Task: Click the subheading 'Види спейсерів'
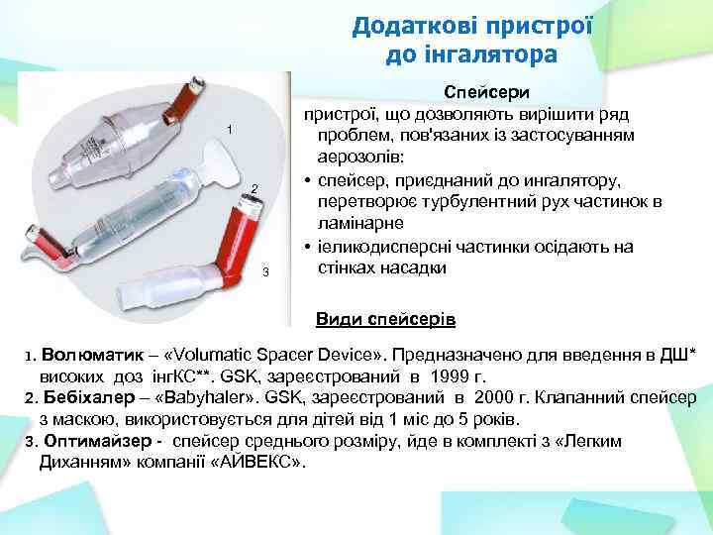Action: click(x=385, y=319)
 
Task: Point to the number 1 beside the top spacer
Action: click(x=229, y=131)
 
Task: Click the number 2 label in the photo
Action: click(x=254, y=188)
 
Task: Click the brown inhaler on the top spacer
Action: click(x=184, y=96)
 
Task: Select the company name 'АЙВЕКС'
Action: click(x=260, y=462)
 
